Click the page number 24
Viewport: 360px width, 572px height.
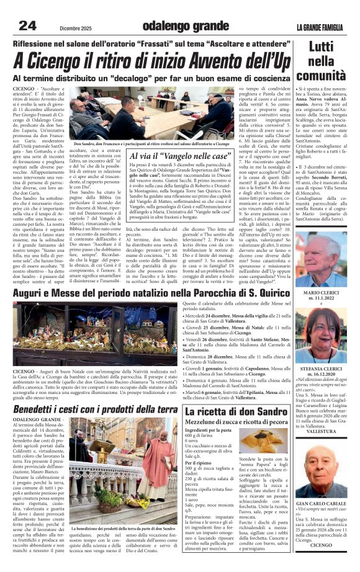tap(27, 26)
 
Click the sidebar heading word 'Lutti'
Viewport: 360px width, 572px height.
tap(321, 47)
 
